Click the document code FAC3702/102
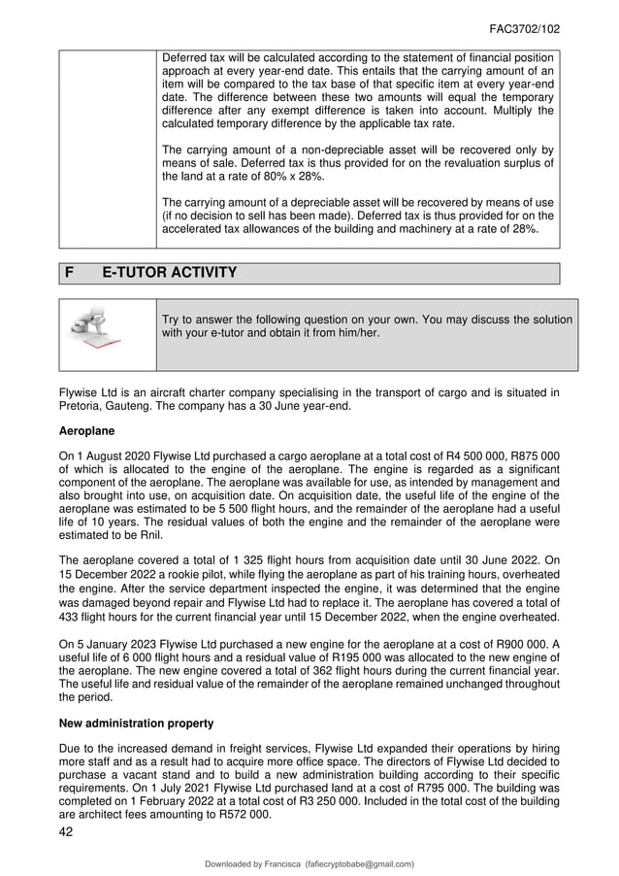[x=524, y=29]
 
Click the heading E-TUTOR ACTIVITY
[x=170, y=273]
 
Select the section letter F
[x=70, y=273]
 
